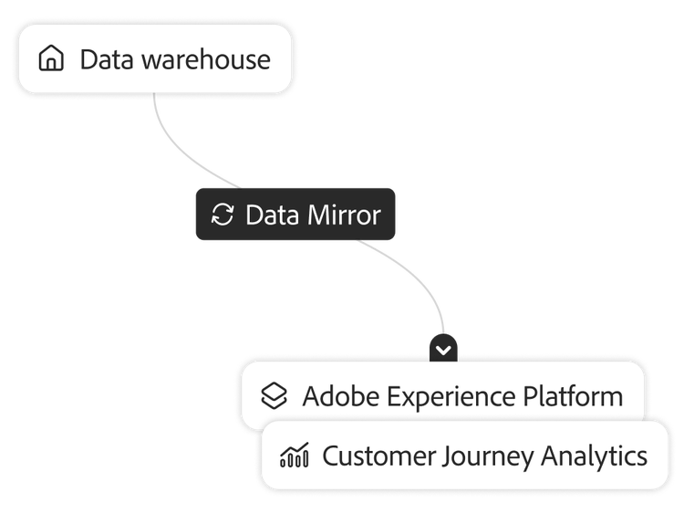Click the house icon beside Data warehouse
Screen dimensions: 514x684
click(52, 59)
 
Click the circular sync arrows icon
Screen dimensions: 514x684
click(223, 215)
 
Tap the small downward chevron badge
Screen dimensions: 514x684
click(443, 349)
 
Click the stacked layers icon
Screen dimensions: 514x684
click(274, 396)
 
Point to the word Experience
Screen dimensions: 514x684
click(451, 396)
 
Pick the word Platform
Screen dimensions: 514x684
click(573, 396)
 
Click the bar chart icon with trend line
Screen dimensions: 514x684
click(295, 455)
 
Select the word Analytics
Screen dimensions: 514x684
click(596, 455)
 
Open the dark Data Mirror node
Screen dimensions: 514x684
click(295, 215)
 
